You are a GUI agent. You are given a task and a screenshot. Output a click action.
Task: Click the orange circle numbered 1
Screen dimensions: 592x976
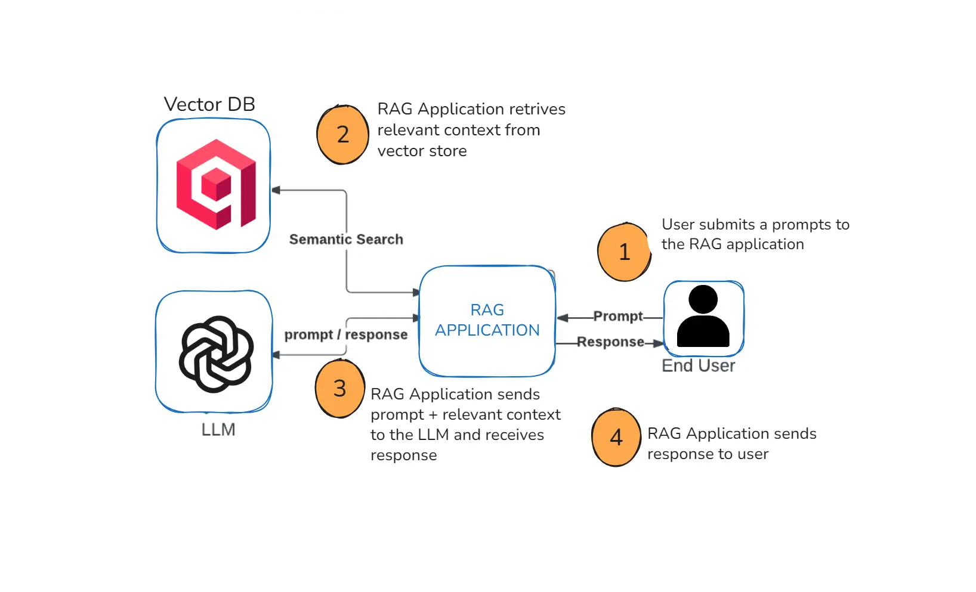click(624, 252)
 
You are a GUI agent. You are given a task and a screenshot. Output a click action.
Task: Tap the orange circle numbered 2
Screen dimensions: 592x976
click(342, 134)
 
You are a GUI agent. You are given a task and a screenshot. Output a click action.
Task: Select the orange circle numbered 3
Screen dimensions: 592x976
click(339, 389)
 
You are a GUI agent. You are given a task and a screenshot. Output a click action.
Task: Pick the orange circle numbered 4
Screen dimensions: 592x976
click(616, 438)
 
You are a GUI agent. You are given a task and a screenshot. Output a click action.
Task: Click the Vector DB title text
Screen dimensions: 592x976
click(209, 104)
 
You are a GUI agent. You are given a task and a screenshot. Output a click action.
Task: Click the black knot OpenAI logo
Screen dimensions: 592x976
click(216, 354)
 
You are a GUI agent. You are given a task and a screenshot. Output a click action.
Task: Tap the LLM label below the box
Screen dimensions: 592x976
click(218, 430)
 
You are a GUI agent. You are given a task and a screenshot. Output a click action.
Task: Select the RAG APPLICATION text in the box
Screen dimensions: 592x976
click(487, 320)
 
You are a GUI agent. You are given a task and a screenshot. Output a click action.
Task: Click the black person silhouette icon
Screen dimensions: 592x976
click(703, 317)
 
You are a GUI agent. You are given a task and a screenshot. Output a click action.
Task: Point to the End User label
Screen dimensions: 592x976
click(698, 365)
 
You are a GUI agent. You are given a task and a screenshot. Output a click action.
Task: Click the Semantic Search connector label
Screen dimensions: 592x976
click(346, 240)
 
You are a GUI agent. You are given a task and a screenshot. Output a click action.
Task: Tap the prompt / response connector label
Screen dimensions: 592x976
click(346, 335)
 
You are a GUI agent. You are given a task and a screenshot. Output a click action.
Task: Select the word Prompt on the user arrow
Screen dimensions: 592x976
click(617, 316)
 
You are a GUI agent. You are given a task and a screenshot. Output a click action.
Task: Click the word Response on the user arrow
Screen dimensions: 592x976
click(610, 342)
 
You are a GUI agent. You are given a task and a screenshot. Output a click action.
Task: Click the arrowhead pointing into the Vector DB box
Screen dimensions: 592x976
click(276, 190)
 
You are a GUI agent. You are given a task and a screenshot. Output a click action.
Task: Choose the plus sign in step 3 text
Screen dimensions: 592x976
click(433, 415)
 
